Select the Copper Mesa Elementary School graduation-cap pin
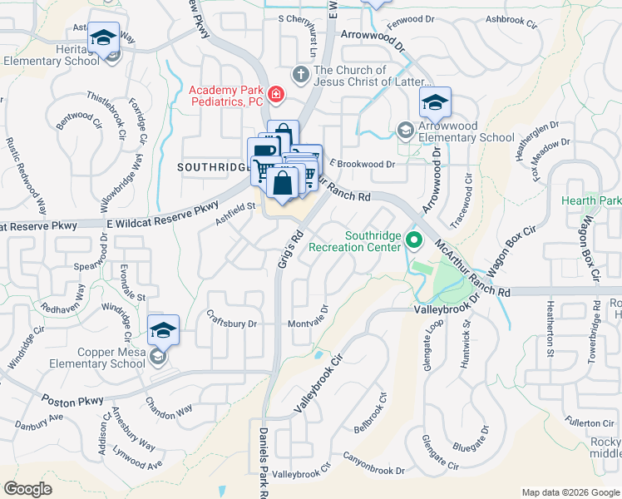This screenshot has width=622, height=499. [x=163, y=330]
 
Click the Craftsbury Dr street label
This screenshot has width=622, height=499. [x=233, y=323]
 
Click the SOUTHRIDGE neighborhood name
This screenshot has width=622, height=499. [x=213, y=167]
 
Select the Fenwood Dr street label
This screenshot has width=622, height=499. [x=411, y=17]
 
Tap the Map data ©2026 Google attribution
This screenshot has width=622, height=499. [x=570, y=492]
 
